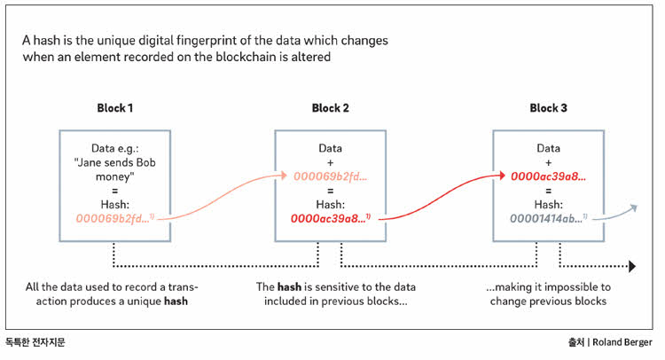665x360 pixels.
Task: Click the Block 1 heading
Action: click(x=115, y=108)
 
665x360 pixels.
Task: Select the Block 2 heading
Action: click(x=331, y=108)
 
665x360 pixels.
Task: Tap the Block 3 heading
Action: click(x=548, y=108)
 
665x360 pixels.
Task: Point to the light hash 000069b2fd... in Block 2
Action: click(x=331, y=176)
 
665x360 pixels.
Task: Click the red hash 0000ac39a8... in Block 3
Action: click(x=548, y=176)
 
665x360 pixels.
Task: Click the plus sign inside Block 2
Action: click(x=331, y=163)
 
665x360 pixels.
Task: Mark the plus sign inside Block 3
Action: click(x=548, y=163)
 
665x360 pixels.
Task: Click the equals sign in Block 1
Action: click(x=115, y=191)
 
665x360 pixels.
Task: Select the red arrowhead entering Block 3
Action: click(x=502, y=176)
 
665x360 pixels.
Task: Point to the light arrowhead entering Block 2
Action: click(x=284, y=176)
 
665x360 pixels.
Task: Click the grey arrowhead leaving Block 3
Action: click(x=633, y=207)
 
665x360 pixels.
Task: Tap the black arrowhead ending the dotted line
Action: click(x=632, y=266)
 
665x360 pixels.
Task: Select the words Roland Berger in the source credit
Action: click(x=622, y=342)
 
